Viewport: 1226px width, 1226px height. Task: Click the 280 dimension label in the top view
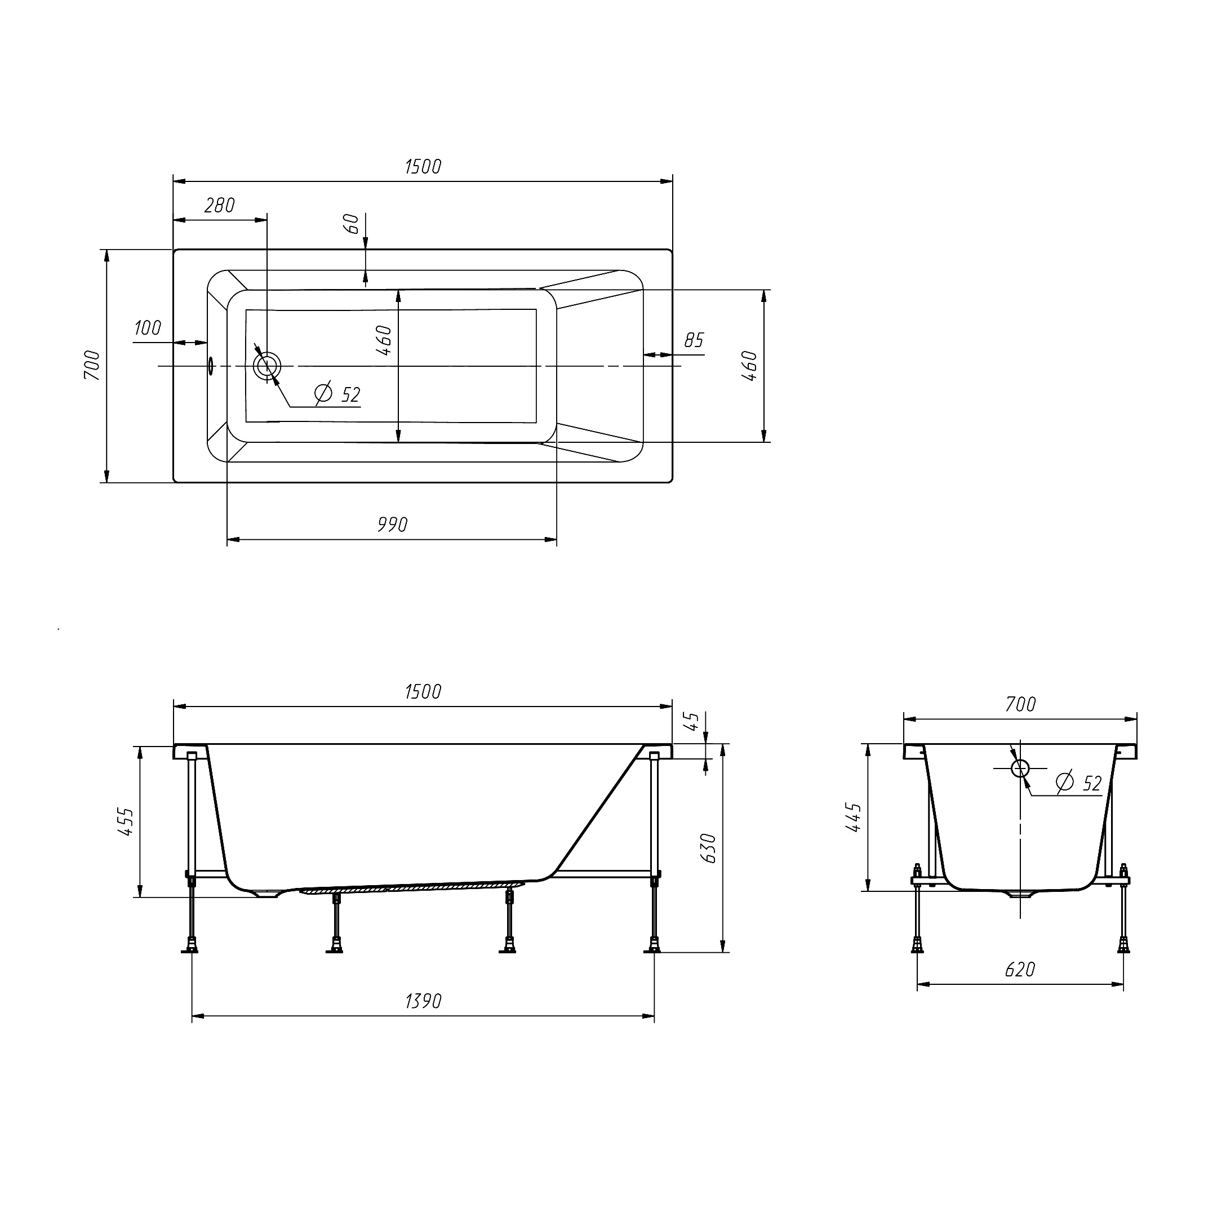(x=220, y=206)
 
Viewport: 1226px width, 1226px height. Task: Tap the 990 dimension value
(x=392, y=525)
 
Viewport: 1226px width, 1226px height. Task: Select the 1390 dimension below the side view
(x=423, y=1001)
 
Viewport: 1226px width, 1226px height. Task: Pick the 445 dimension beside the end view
(x=854, y=818)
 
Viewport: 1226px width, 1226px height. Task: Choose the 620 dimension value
(x=1020, y=970)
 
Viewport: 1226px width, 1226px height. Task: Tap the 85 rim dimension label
(x=694, y=340)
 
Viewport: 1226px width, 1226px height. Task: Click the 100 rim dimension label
(x=147, y=328)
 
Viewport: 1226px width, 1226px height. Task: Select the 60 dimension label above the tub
(x=351, y=223)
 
